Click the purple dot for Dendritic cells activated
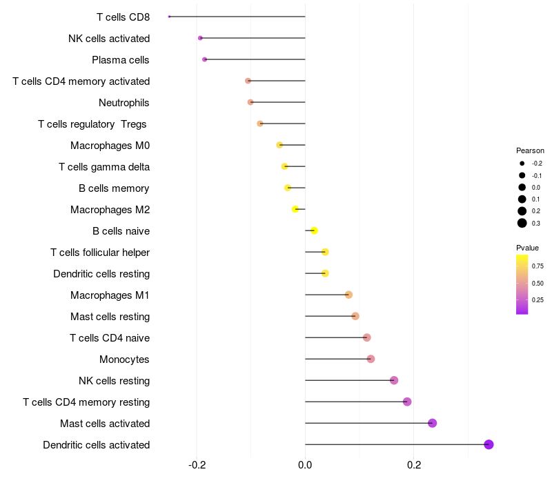point(489,444)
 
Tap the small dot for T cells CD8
point(169,17)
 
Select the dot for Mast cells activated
point(433,423)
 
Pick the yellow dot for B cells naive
point(315,230)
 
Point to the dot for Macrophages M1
point(348,295)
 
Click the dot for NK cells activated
point(200,38)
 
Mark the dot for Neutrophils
point(250,102)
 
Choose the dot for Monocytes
point(371,359)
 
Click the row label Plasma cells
point(120,60)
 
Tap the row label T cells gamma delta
point(104,167)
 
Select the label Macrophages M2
point(110,210)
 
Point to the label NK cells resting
point(115,381)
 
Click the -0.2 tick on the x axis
point(197,465)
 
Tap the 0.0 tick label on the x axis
point(305,465)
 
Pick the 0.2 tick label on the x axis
point(414,465)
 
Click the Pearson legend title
point(530,150)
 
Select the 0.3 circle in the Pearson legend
point(522,223)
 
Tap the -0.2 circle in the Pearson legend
point(522,164)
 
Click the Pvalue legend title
point(527,248)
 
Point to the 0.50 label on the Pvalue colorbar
point(538,284)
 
